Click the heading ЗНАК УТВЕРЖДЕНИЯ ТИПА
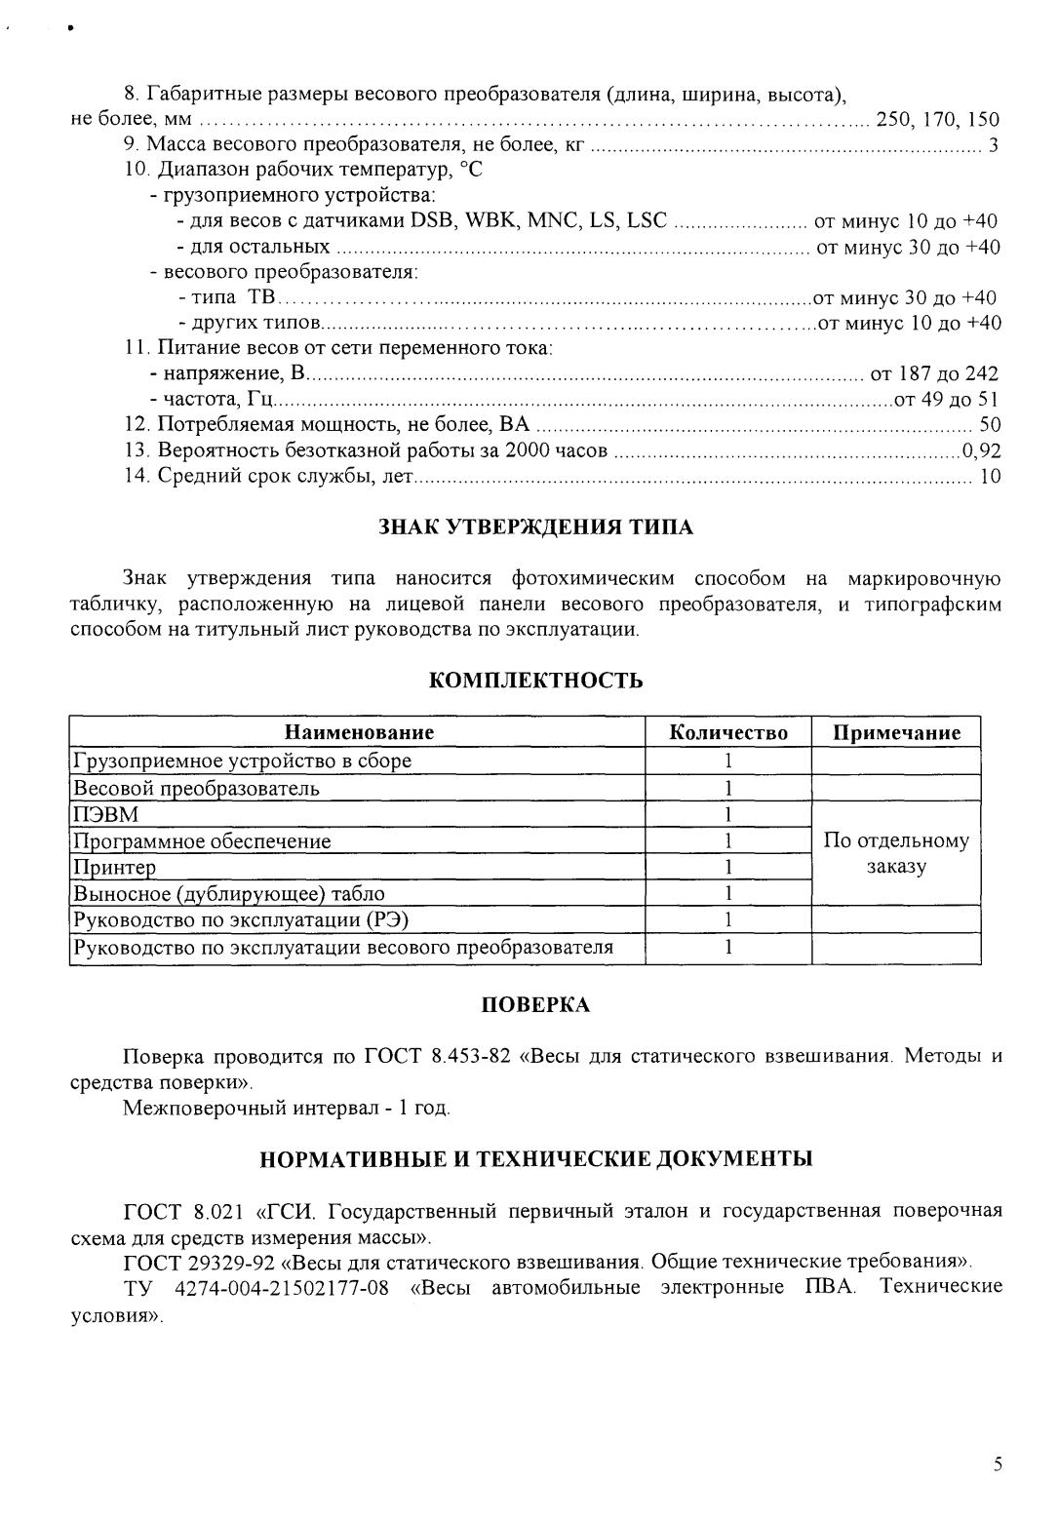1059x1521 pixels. point(535,527)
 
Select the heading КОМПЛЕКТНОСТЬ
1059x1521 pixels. point(535,681)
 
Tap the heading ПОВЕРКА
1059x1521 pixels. point(535,1005)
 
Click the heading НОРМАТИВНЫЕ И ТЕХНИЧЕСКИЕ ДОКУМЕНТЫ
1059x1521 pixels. point(535,1159)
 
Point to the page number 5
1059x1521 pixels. point(997,1463)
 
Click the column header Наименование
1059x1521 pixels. point(359,733)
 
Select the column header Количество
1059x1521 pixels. point(728,733)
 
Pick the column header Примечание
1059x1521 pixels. point(896,733)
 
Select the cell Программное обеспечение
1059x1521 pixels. point(203,840)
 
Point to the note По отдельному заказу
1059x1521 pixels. point(896,853)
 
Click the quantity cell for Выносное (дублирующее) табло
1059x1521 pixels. point(728,893)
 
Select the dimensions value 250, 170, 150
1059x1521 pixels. point(938,120)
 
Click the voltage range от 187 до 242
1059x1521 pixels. point(933,373)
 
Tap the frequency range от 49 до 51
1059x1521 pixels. point(946,399)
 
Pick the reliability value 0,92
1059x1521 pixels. point(981,450)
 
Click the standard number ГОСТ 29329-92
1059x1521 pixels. point(191,1262)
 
